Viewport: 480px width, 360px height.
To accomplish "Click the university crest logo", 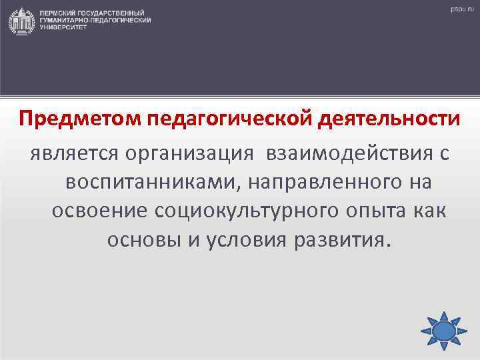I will [22, 21].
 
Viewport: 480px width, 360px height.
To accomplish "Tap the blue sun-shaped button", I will [442, 330].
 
